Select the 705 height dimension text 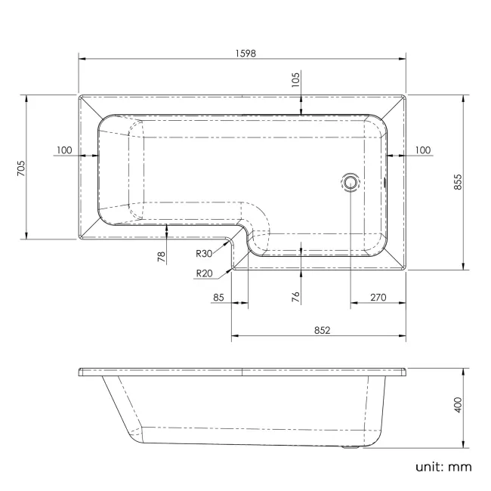[21, 167]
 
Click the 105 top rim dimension [295, 78]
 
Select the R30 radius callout [205, 255]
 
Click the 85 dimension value [219, 298]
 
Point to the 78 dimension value [161, 256]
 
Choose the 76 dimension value [295, 297]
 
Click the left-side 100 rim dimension [64, 150]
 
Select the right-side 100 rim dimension [422, 150]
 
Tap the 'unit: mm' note [443, 466]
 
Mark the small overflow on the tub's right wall [387, 181]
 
